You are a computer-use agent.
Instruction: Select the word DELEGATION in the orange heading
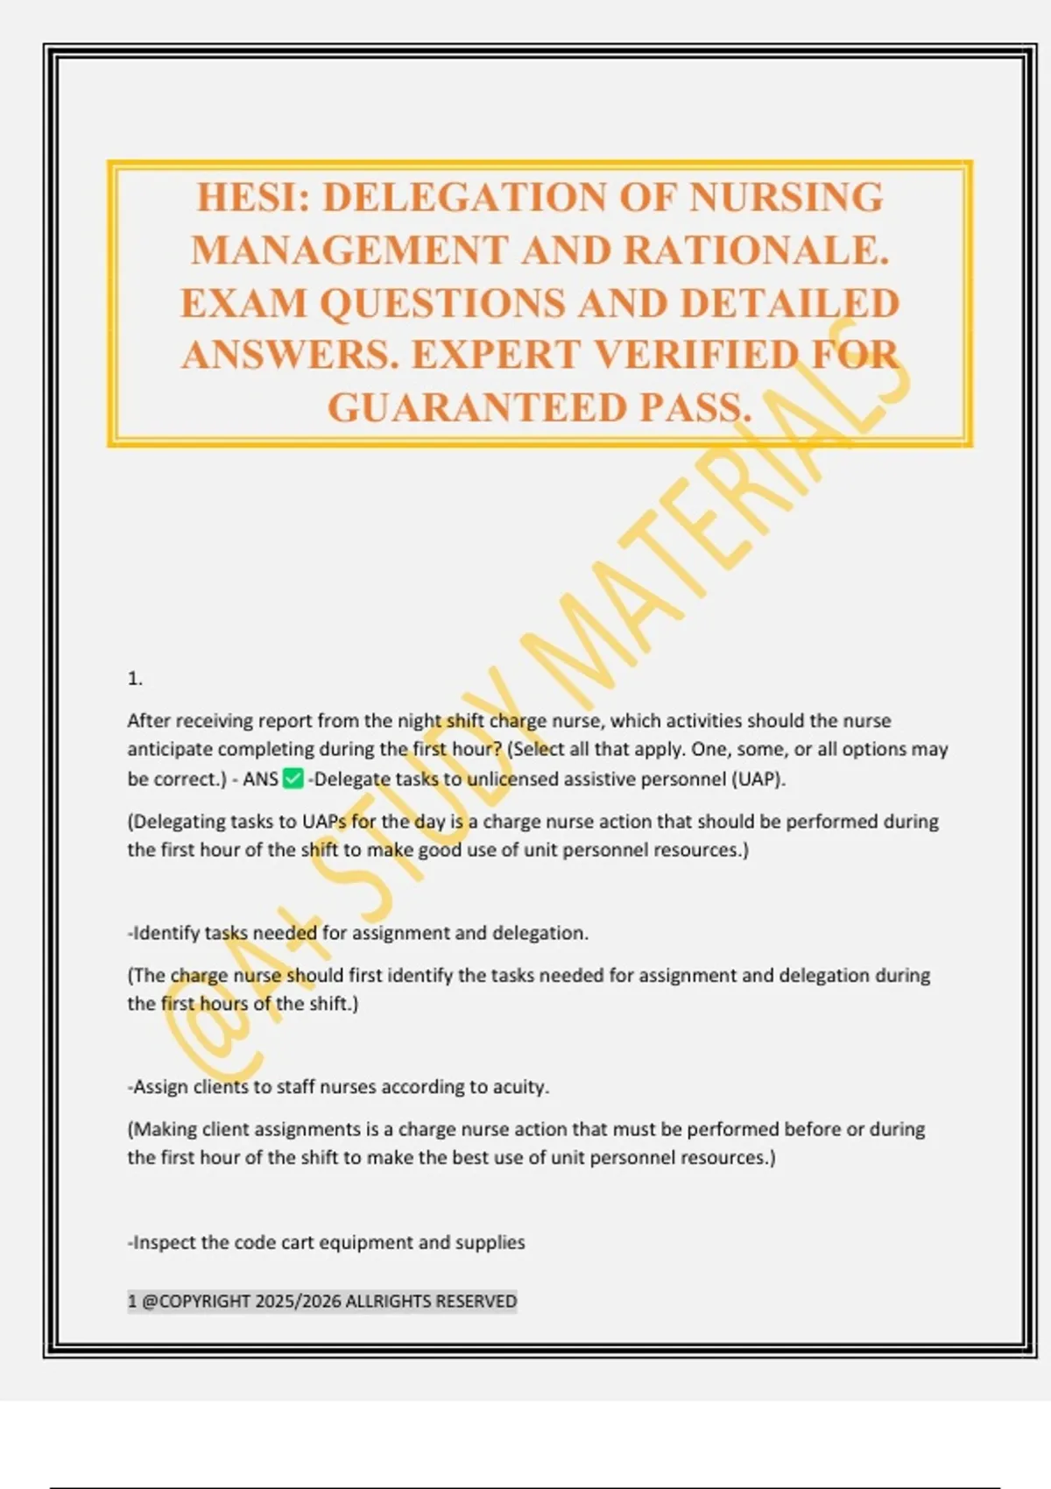coord(464,197)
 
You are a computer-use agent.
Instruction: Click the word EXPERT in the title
coord(496,355)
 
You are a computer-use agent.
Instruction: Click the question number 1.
coord(135,679)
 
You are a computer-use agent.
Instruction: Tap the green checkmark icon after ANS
coord(293,779)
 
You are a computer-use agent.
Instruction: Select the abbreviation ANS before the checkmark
coord(260,779)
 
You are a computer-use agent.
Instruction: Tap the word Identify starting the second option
coord(166,934)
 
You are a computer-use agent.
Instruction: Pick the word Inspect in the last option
coord(164,1243)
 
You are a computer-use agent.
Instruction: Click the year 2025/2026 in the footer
coord(298,1302)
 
